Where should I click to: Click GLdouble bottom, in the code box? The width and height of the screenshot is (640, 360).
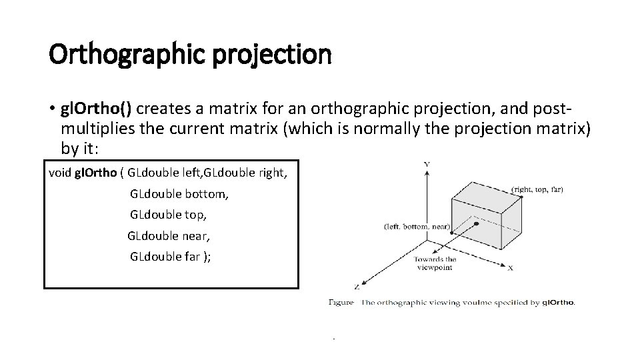click(x=179, y=195)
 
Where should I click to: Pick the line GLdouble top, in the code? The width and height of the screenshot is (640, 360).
click(x=169, y=215)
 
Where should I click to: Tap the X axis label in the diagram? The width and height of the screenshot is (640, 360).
click(x=510, y=268)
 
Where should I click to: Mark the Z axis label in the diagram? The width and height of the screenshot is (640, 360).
click(x=358, y=287)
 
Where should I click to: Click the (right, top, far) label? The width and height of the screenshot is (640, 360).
click(x=537, y=189)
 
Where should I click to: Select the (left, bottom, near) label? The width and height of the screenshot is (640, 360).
click(x=418, y=227)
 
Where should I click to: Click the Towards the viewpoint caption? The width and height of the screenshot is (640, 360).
click(x=435, y=263)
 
